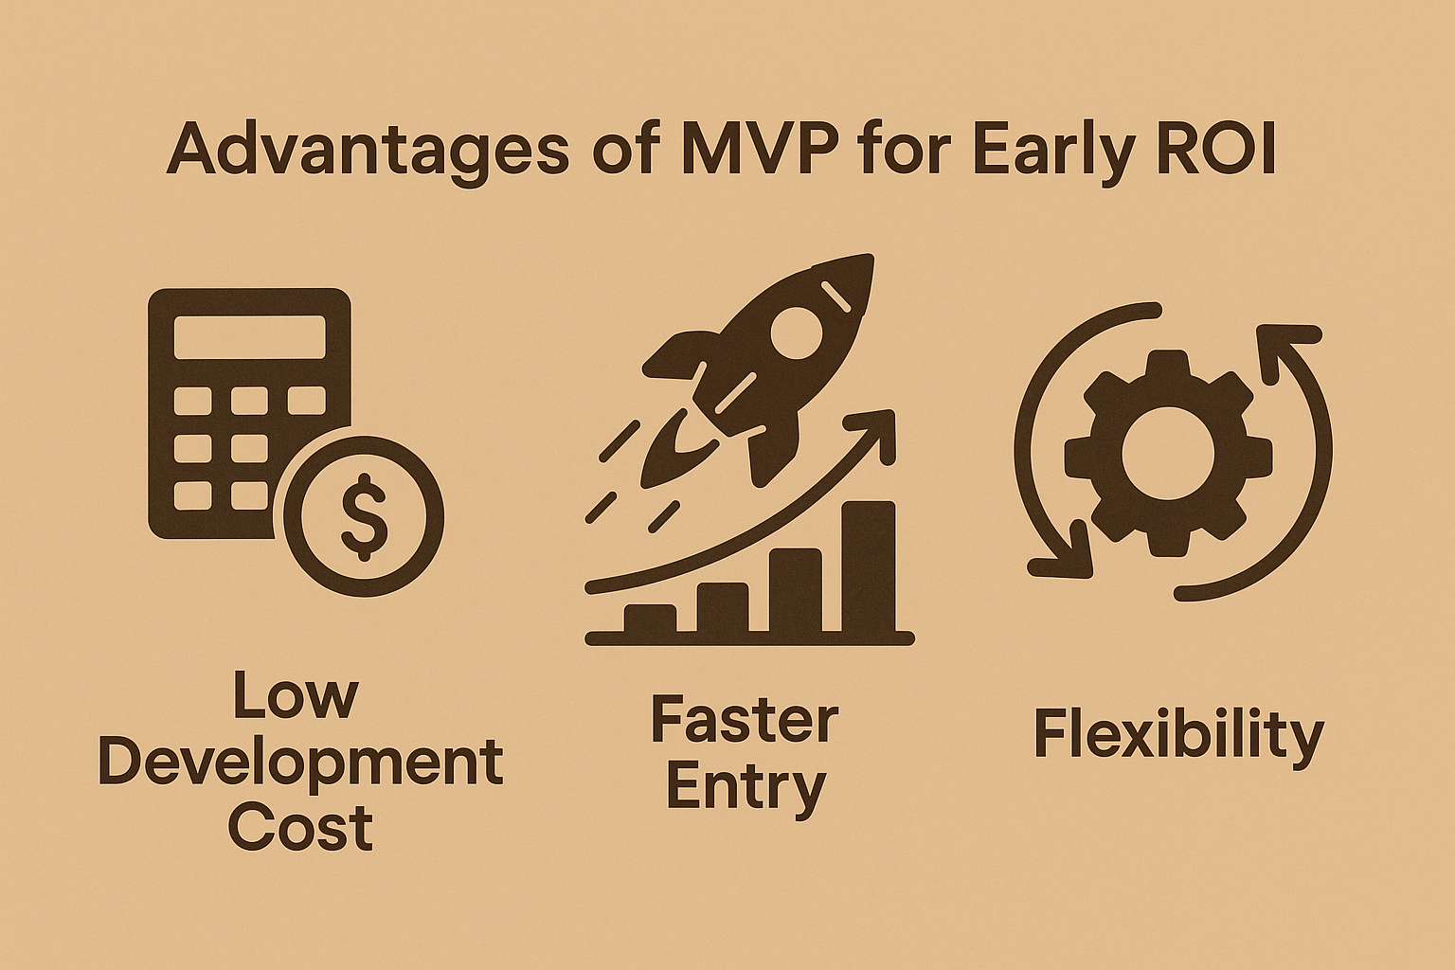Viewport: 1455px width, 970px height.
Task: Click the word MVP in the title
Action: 758,149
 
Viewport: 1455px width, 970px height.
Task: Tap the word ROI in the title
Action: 1218,149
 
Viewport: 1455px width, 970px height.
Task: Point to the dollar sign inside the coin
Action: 365,517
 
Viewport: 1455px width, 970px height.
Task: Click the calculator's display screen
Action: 249,336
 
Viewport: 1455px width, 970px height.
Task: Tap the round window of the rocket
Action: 797,332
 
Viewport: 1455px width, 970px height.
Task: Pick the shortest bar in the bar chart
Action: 650,620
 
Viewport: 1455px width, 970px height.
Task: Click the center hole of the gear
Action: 1168,454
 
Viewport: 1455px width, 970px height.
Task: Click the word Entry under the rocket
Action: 745,787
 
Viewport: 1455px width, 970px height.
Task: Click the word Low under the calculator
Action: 296,695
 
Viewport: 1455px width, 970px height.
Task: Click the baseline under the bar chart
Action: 749,638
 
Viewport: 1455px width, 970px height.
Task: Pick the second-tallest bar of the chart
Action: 796,590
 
